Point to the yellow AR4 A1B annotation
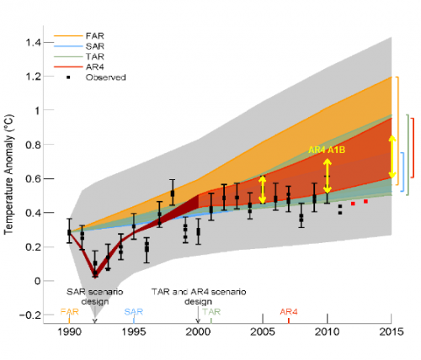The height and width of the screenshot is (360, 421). (328, 149)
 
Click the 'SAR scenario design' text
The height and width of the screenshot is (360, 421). (94, 295)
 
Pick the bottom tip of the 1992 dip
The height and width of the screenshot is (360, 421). (94, 275)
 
